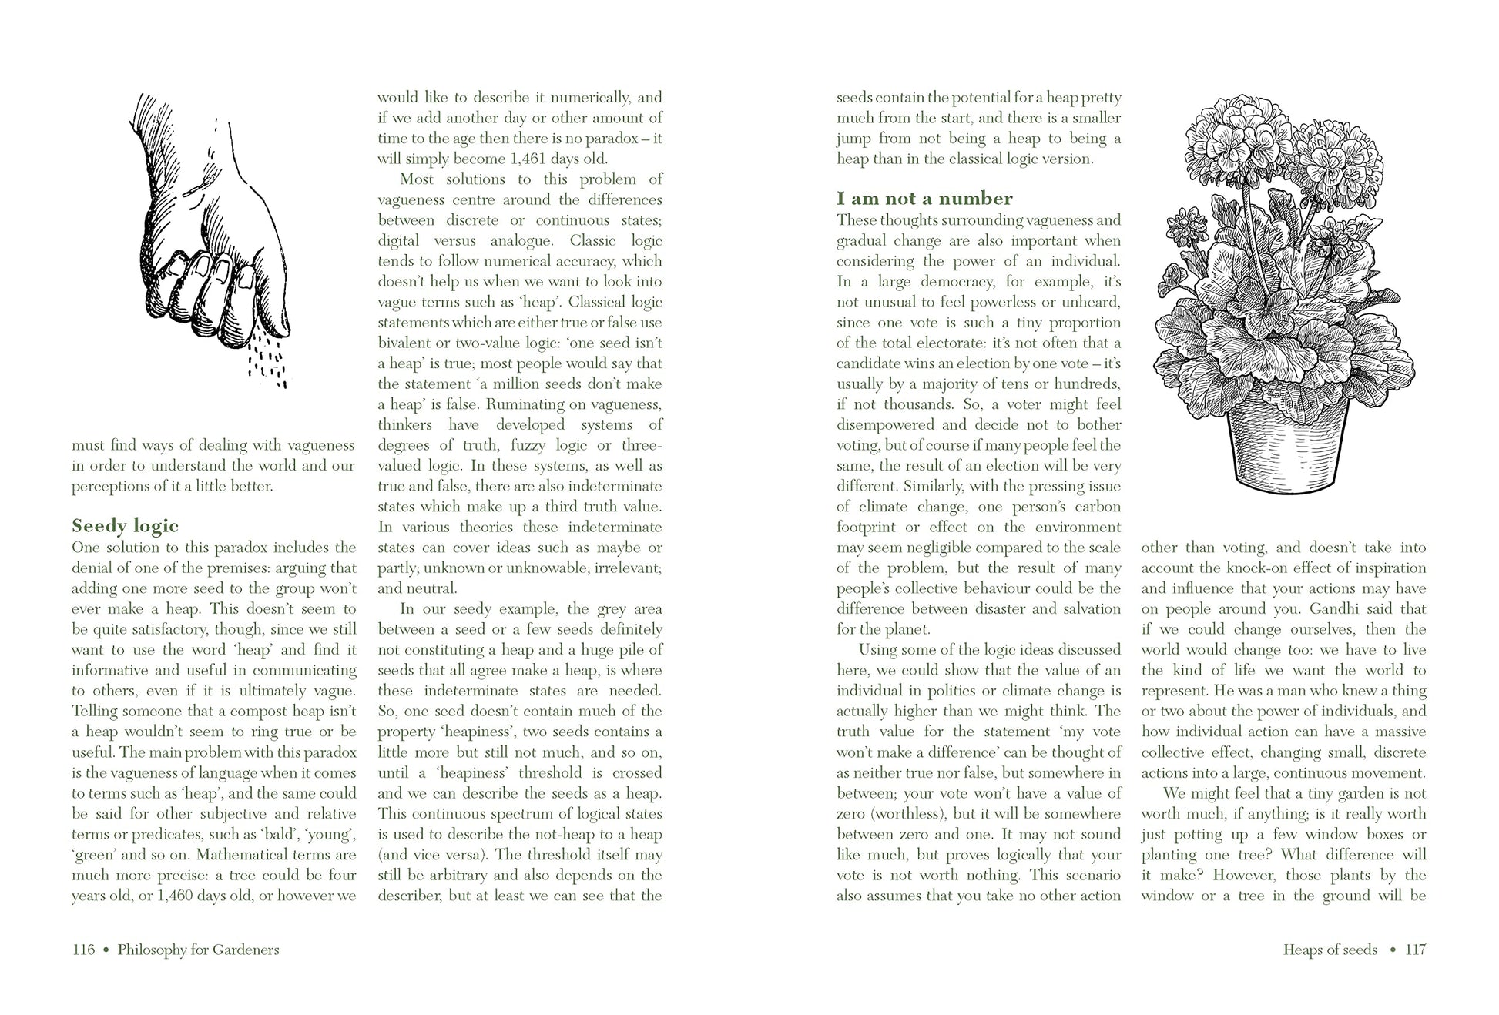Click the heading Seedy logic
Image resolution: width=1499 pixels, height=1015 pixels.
(x=125, y=526)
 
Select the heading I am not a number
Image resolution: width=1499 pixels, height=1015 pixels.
(x=924, y=199)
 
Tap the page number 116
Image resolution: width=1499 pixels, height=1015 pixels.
(x=83, y=950)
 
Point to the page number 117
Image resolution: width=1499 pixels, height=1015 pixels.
(x=1416, y=950)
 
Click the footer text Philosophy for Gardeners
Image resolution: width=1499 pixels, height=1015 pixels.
(x=198, y=950)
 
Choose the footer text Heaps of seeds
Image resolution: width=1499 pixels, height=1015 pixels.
(x=1330, y=950)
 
